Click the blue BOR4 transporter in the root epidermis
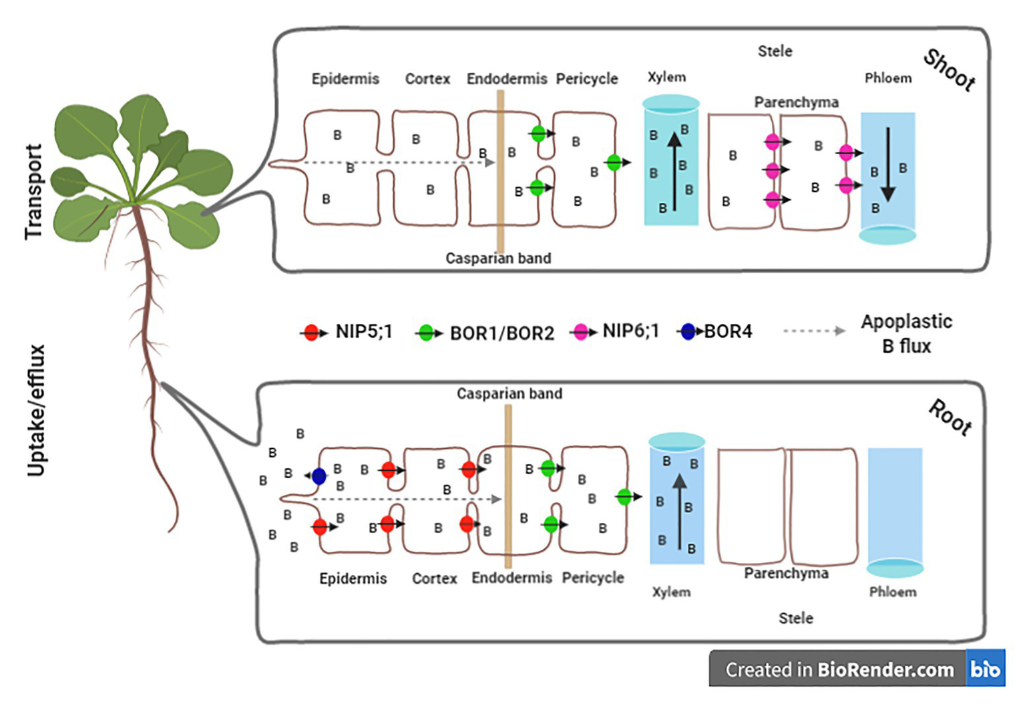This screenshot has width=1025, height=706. coord(319,476)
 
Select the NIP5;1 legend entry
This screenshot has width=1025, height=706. coord(363,331)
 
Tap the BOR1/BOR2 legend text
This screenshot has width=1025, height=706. coord(501,333)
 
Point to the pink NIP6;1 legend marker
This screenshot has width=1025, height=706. coord(581,332)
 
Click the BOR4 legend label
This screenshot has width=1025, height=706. coord(728,331)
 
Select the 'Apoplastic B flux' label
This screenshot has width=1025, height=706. coord(906,333)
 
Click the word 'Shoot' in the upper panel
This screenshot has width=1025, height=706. coord(949,70)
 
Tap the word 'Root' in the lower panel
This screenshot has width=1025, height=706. coord(950,418)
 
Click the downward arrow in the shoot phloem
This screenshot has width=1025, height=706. coord(887,164)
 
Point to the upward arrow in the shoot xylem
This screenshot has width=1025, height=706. coord(674,171)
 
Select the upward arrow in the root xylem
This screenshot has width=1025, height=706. coord(679,511)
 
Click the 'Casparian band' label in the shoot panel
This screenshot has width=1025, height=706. coord(498,258)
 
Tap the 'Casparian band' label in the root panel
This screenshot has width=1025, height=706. coord(509,393)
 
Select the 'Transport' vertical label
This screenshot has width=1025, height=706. coord(33,192)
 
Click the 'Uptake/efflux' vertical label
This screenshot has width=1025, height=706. coord(36,411)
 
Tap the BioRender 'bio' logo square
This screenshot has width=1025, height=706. coord(985,669)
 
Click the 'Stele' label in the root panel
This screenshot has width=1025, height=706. coord(795,618)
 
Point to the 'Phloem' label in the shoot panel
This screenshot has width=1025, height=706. coord(887,78)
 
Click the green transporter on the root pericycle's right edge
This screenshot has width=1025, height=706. coord(624,496)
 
